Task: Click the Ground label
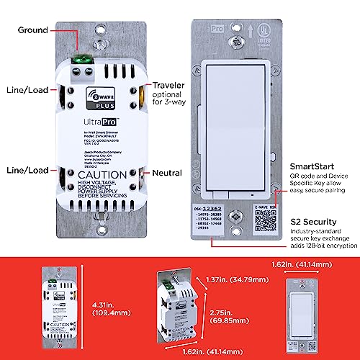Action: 32,31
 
